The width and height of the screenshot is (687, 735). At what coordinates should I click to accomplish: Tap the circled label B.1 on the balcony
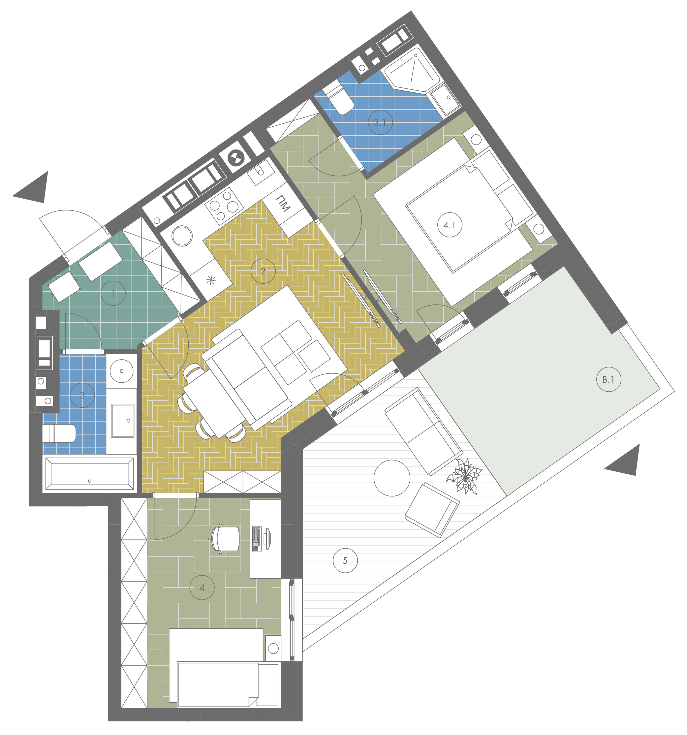pyautogui.click(x=608, y=379)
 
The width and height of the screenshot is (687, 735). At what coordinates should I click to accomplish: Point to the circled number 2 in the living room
pyautogui.click(x=263, y=271)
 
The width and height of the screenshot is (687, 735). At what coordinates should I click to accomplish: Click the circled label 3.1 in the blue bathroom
pyautogui.click(x=380, y=122)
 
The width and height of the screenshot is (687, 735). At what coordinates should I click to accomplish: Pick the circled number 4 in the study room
pyautogui.click(x=202, y=588)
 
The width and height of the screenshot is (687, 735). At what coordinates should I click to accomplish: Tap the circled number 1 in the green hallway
pyautogui.click(x=113, y=294)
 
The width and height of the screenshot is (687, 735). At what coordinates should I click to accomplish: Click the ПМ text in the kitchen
pyautogui.click(x=283, y=204)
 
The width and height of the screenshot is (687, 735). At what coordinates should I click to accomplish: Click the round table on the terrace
pyautogui.click(x=392, y=478)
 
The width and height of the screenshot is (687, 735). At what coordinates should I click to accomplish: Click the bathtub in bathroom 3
pyautogui.click(x=89, y=474)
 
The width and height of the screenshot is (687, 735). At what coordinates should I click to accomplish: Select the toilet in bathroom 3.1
pyautogui.click(x=339, y=98)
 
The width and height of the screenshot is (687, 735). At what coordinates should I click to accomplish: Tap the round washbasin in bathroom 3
pyautogui.click(x=122, y=371)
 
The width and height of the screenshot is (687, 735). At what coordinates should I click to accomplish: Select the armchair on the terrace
pyautogui.click(x=432, y=510)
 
